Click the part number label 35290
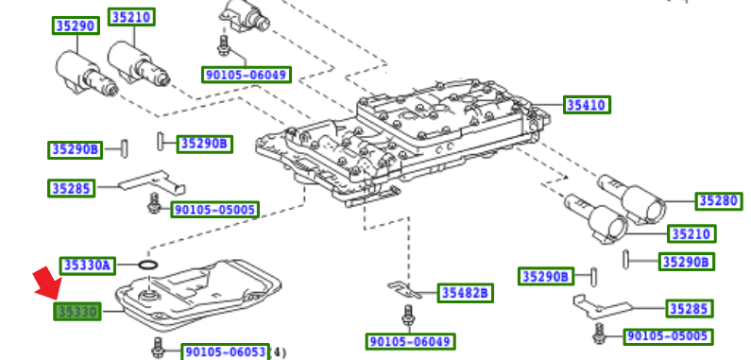point(75,26)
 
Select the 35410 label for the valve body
point(586,104)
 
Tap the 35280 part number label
point(719,200)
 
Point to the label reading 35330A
point(87,266)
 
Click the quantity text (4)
point(278,351)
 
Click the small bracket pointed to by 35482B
point(402,286)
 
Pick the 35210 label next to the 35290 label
point(131,17)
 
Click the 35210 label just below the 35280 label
point(691,232)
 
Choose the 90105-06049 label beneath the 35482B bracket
point(410,340)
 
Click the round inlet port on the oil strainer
point(147,299)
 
